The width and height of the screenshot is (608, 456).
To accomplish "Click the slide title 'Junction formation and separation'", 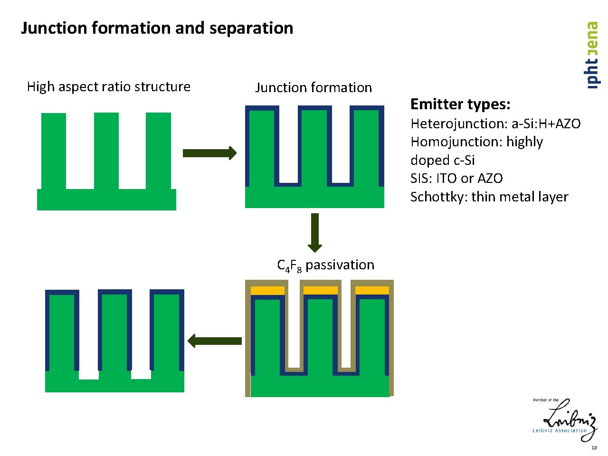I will coord(157,28).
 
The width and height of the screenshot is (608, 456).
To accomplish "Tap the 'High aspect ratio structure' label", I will coord(108,86).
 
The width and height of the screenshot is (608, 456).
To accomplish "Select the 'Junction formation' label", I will coord(313,87).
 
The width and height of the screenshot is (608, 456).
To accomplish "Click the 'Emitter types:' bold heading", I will coord(460,104).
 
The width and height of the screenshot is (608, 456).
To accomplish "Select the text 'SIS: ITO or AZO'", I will coord(456,179).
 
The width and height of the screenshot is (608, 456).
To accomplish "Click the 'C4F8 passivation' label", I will coord(325,266).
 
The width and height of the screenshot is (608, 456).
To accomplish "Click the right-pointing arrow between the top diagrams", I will coord(209,153).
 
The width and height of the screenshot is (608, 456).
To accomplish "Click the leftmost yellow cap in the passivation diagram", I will coord(267,290).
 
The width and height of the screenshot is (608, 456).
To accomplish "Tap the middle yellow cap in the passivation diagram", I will coord(320,290).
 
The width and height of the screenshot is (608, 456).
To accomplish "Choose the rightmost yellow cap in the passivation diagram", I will coord(372,290).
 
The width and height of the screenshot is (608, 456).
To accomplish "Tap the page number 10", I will coord(594,448).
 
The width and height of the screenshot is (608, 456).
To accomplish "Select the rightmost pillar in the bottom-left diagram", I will coord(167,332).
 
